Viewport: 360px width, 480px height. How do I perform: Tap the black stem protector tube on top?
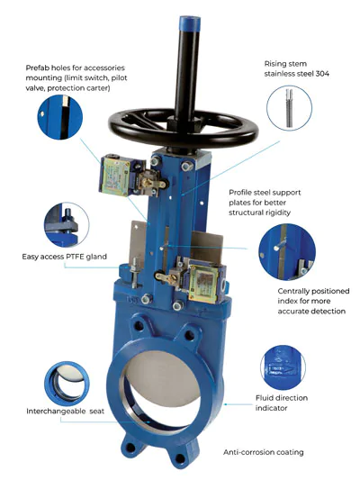(x=190, y=54)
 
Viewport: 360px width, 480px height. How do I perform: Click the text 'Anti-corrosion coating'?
(x=263, y=451)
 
